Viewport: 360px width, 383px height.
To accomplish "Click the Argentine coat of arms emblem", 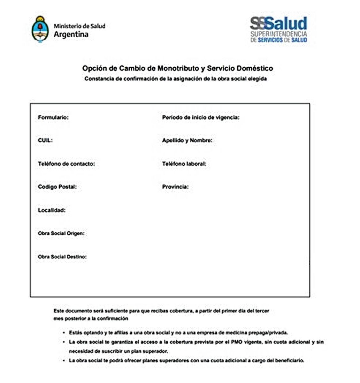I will (40, 29).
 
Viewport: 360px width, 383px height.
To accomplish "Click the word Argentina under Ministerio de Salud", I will (71, 34).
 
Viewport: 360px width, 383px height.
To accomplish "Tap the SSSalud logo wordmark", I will (278, 24).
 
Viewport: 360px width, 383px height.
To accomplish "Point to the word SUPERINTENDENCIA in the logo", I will (279, 34).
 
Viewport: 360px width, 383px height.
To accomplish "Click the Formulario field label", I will (53, 117).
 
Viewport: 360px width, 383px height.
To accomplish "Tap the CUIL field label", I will (45, 140).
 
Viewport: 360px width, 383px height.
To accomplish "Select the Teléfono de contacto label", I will (66, 164).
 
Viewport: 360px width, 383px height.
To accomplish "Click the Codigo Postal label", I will (57, 187).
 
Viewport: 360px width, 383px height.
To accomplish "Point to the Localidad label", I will (51, 210).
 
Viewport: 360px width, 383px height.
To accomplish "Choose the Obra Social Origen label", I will (61, 233).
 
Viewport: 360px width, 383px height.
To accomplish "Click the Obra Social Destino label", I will (62, 257).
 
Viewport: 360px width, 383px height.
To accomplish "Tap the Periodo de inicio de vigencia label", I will (201, 117).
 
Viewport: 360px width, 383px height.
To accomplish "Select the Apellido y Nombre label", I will (187, 140).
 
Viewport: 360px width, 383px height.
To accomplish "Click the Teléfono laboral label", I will (184, 164).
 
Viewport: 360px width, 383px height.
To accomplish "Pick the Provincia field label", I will (175, 187).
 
